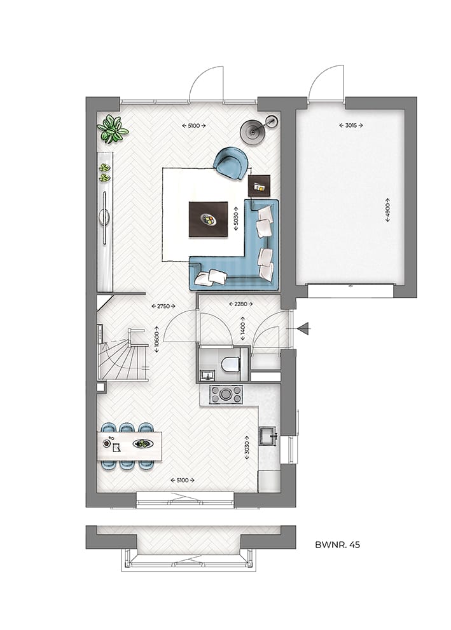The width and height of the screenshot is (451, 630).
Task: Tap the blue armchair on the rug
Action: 230,162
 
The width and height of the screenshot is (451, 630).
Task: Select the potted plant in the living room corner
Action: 112,129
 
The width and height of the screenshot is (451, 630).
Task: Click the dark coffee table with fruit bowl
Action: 208,219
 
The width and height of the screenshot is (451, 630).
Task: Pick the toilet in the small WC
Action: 230,364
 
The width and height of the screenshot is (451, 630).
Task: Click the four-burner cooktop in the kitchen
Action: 226,394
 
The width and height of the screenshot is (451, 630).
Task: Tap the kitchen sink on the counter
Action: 268,435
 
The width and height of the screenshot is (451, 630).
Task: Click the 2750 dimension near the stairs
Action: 164,306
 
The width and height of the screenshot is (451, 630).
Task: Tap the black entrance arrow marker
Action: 303,328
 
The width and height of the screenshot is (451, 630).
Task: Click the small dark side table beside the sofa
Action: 260,186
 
